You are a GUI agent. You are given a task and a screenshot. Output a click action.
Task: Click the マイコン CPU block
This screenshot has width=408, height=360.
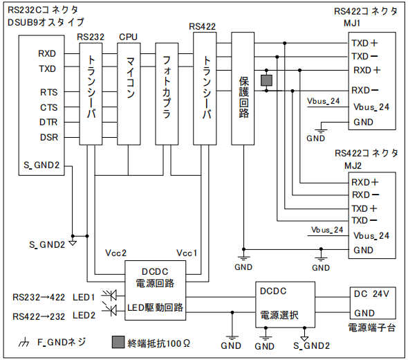[129, 93]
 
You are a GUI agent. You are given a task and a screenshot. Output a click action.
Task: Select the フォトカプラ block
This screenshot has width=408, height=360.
[167, 93]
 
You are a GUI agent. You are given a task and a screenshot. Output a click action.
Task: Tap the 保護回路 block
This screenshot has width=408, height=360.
[243, 89]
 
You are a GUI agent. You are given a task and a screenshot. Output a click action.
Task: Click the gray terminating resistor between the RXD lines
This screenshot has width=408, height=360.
[266, 80]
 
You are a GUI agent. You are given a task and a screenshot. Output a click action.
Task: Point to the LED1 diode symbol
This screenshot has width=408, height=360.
[111, 296]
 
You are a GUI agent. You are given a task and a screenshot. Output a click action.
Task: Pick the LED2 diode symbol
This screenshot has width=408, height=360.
[111, 310]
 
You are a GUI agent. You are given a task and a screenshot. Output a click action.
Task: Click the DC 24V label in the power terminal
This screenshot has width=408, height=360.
[371, 294]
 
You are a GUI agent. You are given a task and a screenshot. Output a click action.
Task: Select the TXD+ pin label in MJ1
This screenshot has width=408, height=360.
[364, 43]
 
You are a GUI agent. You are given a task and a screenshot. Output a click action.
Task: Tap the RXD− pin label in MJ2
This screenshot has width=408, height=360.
[365, 195]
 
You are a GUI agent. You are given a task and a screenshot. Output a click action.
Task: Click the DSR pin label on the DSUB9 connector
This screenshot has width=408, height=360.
[49, 137]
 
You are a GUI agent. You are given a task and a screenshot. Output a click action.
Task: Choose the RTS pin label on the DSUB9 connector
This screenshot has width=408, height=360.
[49, 92]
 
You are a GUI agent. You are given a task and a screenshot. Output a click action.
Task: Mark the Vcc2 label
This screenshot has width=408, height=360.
[115, 253]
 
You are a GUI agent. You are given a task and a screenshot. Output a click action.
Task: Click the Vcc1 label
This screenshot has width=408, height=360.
[187, 253]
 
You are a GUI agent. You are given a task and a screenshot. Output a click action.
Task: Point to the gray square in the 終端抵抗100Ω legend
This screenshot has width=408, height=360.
[118, 342]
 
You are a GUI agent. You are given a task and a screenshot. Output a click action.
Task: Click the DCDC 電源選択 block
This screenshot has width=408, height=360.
[285, 305]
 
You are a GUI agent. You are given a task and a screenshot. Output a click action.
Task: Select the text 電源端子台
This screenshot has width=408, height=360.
[372, 327]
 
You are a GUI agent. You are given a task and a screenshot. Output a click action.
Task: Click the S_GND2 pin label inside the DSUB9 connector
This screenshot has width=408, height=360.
[41, 165]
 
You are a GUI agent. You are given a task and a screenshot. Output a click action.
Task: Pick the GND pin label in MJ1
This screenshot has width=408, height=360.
[363, 122]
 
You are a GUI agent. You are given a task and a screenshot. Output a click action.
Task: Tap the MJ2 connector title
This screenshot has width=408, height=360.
[353, 165]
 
